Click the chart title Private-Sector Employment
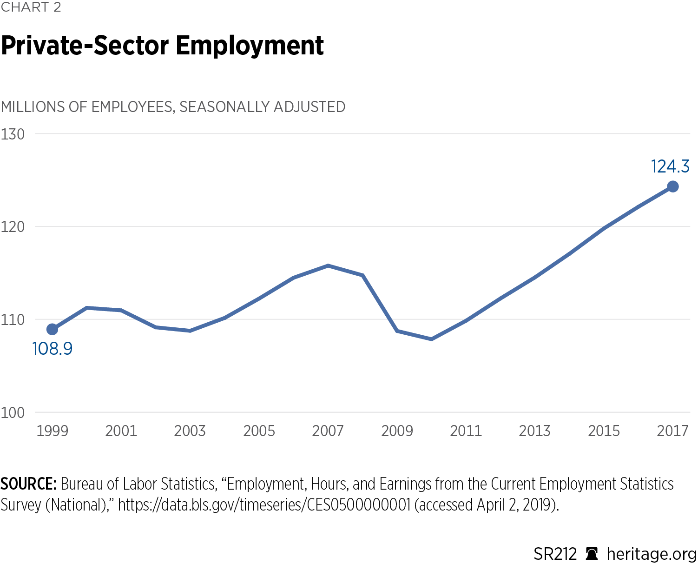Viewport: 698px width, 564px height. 162,46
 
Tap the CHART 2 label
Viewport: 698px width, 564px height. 31,7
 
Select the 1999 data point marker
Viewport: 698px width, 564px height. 53,329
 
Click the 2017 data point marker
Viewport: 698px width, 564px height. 672,186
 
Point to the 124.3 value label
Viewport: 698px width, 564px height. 670,166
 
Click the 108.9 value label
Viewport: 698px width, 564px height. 53,349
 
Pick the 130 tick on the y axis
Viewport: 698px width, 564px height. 13,134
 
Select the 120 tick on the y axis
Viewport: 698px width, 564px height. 13,227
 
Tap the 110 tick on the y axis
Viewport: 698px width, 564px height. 13,320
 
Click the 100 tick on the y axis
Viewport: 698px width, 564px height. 13,412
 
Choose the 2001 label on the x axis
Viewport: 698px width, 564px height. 121,431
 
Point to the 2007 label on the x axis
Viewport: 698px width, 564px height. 328,431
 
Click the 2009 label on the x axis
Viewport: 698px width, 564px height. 397,431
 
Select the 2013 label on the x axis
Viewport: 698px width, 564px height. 535,431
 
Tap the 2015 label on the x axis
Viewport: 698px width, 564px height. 604,431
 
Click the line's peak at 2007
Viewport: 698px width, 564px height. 328,265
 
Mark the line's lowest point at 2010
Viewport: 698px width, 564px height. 432,339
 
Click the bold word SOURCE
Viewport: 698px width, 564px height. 28,484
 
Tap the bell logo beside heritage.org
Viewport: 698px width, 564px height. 592,554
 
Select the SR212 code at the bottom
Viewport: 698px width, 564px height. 555,554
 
